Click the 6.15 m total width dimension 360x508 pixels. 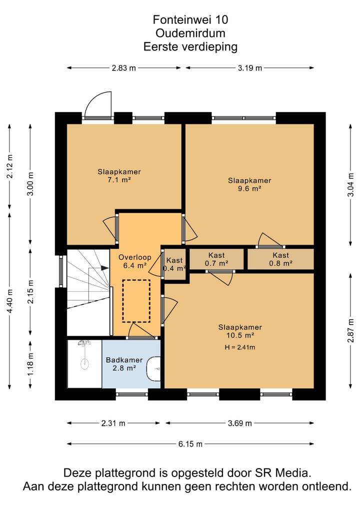[x=190, y=444]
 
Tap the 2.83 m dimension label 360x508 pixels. [x=124, y=68]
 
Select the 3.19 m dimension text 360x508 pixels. [x=249, y=68]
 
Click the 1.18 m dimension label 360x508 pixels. [x=30, y=364]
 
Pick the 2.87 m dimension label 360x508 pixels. [x=350, y=331]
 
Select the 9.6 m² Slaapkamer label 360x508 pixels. [x=249, y=184]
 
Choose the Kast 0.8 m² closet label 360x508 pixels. [x=280, y=259]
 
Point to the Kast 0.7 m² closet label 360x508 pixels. [x=216, y=259]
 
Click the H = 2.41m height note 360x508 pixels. [x=240, y=347]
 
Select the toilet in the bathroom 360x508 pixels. [x=153, y=369]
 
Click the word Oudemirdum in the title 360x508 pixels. [x=190, y=33]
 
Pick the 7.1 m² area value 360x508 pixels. [x=119, y=180]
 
